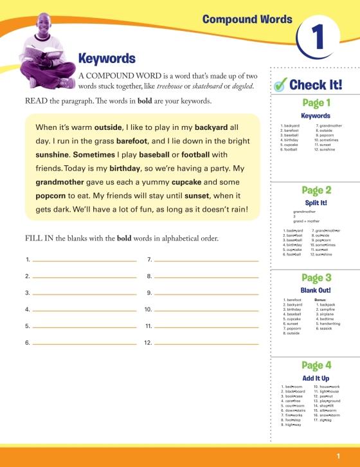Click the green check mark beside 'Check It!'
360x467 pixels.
coord(280,84)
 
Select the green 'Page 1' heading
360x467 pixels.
coord(316,102)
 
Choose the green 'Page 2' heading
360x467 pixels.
coord(316,190)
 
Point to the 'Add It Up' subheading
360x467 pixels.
coord(316,378)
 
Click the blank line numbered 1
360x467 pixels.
coord(84,261)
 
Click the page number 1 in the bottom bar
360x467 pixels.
coord(337,456)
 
